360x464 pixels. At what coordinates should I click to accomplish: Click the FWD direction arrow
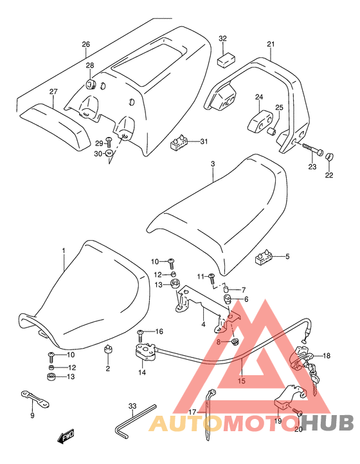coord(66,436)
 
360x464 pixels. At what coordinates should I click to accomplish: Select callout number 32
coord(222,39)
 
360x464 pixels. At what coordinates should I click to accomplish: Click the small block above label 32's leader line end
coord(226,60)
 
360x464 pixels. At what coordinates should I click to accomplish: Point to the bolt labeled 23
coord(312,149)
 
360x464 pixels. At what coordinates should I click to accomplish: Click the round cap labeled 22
coord(328,156)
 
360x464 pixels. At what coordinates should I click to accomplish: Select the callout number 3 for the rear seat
coord(213,163)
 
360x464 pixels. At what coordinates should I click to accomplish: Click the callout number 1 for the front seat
coord(63,251)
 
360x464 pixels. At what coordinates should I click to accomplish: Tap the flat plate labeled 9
coord(35,399)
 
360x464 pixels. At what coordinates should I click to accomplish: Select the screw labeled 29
coord(109,142)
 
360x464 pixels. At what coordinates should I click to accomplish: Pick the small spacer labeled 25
coord(272,131)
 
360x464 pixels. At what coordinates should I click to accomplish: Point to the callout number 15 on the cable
coord(242,381)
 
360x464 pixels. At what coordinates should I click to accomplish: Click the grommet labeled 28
coord(90,84)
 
